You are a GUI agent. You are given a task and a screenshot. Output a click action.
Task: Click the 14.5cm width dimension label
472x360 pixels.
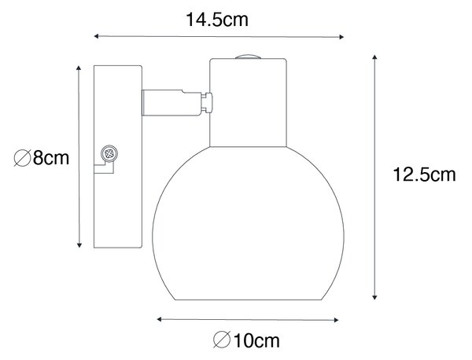click(217, 20)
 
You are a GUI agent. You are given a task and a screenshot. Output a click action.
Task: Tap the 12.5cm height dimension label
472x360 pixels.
click(424, 174)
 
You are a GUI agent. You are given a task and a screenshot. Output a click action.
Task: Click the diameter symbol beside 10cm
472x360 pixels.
click(222, 340)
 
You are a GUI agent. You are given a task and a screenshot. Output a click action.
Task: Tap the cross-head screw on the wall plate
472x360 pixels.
click(109, 154)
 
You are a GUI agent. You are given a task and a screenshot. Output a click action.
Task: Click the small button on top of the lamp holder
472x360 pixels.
click(248, 57)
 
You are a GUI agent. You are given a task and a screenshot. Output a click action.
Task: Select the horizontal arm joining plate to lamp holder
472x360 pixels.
click(171, 102)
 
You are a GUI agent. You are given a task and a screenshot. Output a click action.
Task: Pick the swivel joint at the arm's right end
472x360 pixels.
click(207, 102)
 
